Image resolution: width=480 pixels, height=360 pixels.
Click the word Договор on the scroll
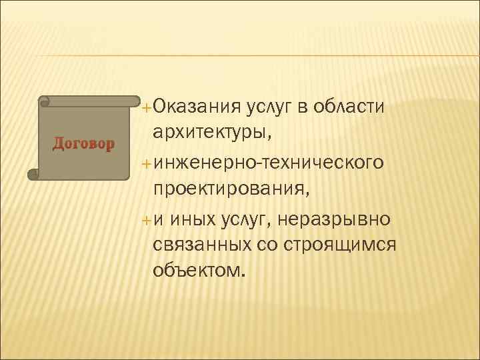(83, 143)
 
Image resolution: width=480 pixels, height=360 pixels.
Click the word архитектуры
(211, 132)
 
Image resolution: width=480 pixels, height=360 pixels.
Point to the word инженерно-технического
(268, 161)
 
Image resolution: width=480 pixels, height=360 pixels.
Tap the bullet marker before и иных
(147, 219)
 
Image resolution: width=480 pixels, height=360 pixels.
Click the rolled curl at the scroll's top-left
(45, 102)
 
